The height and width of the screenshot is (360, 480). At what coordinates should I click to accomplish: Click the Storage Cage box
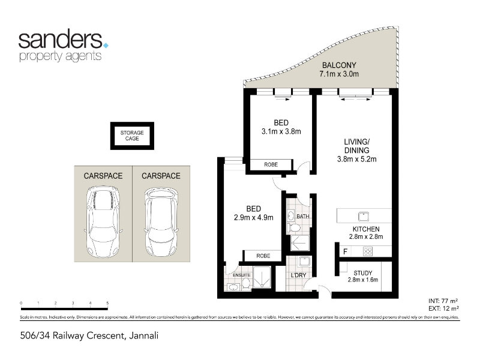(132, 136)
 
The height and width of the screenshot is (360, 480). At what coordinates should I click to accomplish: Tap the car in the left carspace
(103, 222)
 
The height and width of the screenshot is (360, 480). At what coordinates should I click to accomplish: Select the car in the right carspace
(161, 222)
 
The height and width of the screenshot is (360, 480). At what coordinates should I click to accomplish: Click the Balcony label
(339, 65)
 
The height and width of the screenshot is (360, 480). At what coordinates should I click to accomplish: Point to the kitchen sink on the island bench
(364, 217)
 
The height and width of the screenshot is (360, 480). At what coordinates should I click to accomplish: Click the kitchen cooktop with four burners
(367, 251)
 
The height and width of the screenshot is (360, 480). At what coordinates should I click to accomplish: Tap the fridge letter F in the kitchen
(346, 251)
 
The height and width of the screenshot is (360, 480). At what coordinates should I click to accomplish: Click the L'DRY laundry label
(298, 275)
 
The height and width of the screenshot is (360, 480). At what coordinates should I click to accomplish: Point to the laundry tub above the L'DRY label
(304, 262)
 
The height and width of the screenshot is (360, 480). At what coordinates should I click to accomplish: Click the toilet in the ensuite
(246, 284)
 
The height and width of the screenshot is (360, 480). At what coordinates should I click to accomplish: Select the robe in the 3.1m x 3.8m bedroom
(271, 164)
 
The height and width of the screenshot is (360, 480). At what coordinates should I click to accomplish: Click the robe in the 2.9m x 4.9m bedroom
(263, 256)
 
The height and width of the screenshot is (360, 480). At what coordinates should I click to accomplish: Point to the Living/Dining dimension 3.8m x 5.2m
(356, 159)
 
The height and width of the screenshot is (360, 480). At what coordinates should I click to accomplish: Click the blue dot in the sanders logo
(106, 46)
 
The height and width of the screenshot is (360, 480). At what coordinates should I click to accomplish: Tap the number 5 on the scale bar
(107, 304)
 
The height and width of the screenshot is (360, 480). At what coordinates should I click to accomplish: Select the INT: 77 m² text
(443, 301)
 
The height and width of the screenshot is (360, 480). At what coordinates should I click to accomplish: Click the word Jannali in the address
(143, 336)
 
